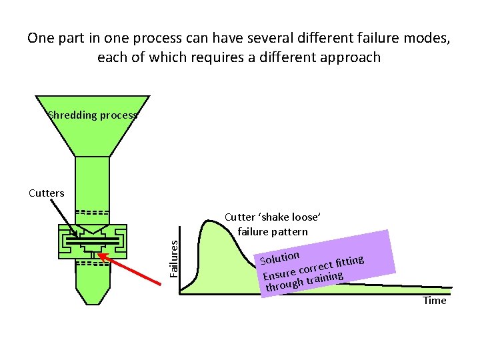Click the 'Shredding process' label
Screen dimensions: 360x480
(93, 115)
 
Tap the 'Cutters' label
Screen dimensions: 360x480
(47, 193)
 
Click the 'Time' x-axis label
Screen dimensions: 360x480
(435, 301)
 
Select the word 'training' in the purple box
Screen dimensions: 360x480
(324, 277)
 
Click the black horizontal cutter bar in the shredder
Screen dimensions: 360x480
(93, 238)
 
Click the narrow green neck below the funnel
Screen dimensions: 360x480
(92, 180)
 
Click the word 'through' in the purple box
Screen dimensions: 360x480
(284, 285)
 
